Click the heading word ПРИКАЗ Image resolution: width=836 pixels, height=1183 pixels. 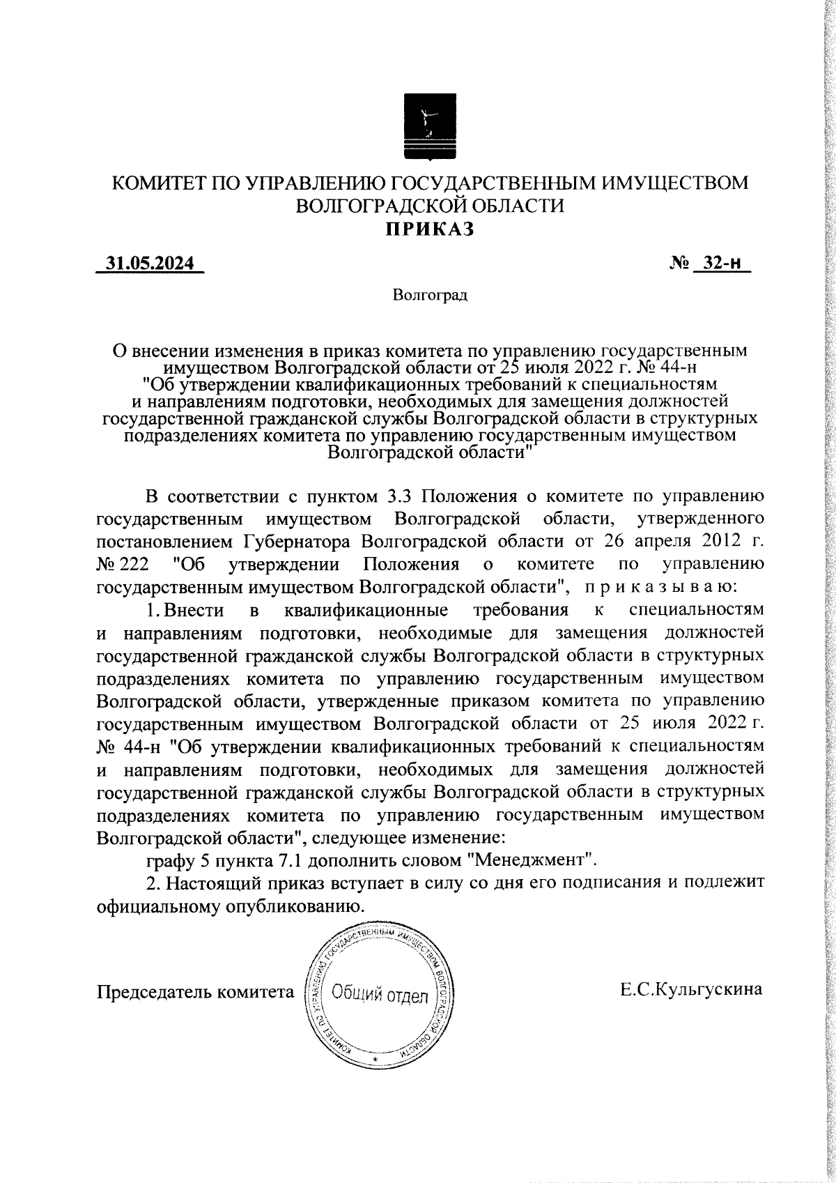click(431, 229)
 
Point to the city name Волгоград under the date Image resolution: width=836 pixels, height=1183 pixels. click(430, 295)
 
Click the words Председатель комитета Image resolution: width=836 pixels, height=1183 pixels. click(195, 991)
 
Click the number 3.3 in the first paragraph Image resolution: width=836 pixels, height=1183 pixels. click(400, 496)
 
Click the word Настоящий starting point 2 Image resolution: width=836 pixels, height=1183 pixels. click(212, 882)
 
